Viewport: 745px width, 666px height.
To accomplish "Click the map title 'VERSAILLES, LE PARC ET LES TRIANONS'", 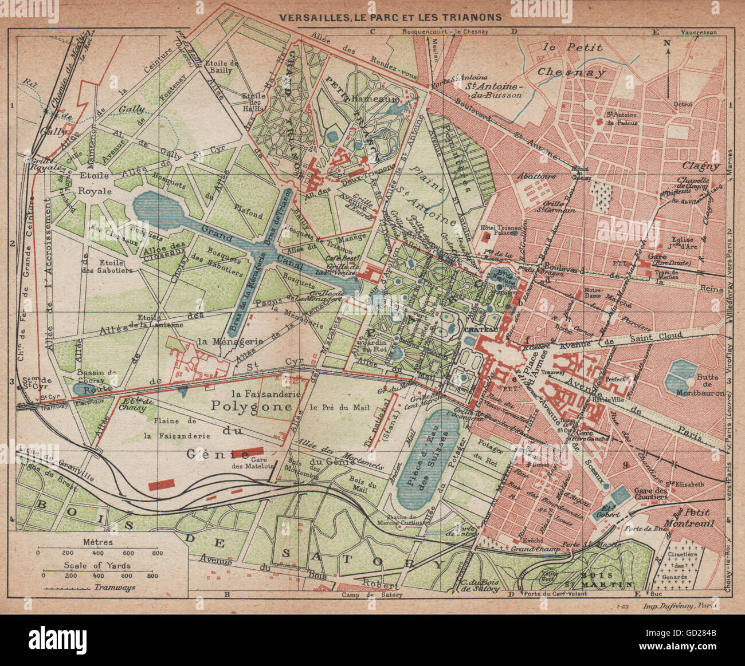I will click(x=390, y=17).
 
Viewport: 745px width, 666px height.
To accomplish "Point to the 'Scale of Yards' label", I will click(x=98, y=565).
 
